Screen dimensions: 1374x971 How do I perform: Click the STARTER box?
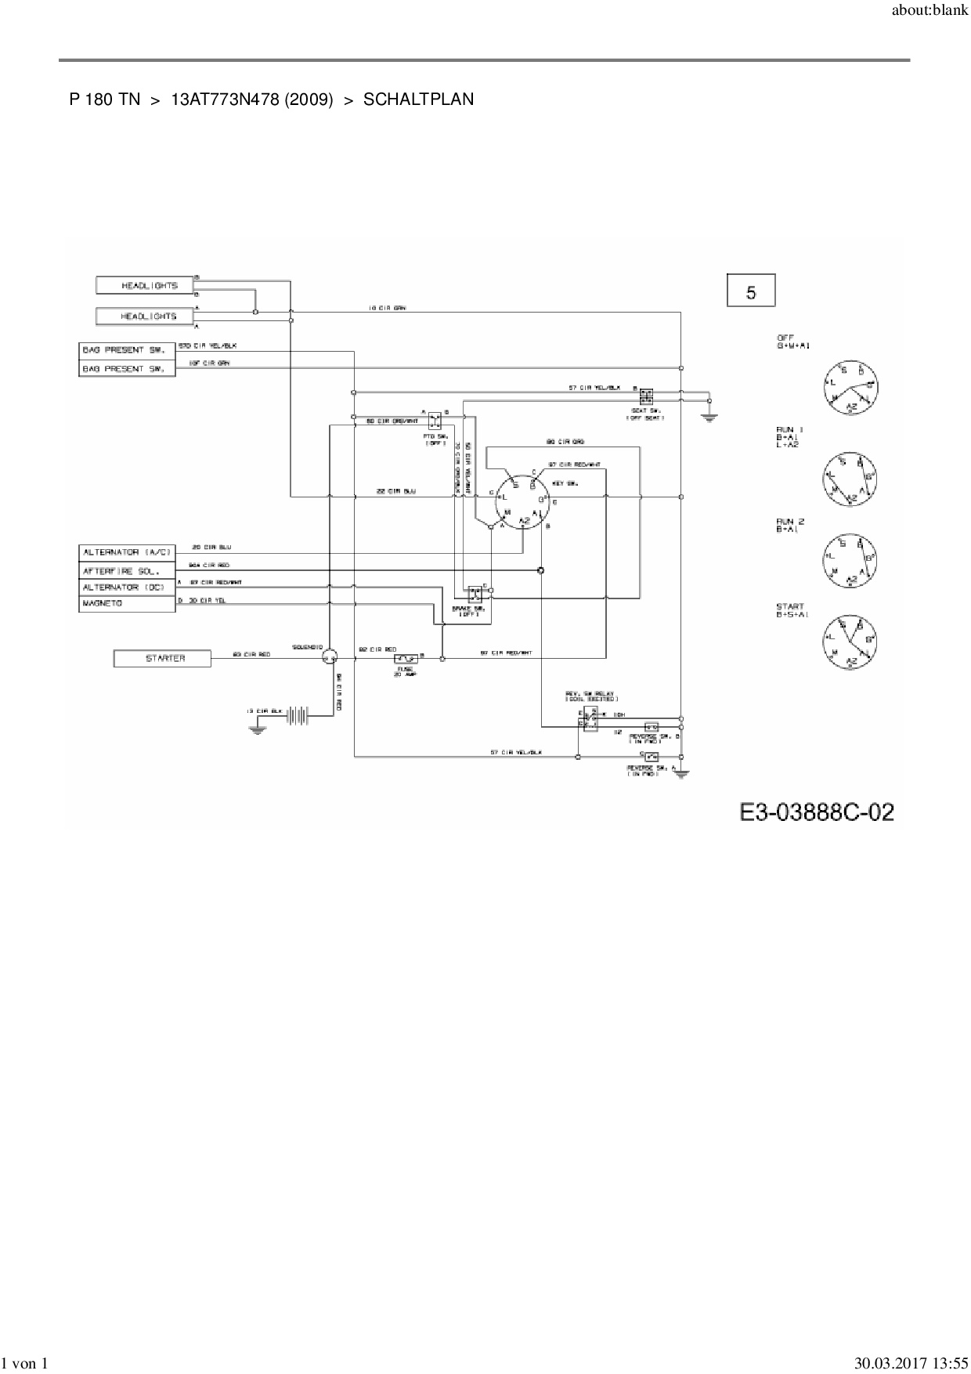pyautogui.click(x=162, y=659)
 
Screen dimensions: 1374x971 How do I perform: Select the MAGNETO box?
pyautogui.click(x=127, y=604)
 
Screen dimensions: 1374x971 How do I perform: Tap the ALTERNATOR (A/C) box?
pyautogui.click(x=127, y=552)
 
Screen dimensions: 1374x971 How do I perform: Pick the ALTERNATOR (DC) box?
pyautogui.click(x=127, y=587)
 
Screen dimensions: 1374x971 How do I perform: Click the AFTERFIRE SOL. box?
pyautogui.click(x=127, y=570)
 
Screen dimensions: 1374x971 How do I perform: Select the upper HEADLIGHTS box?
pyautogui.click(x=145, y=285)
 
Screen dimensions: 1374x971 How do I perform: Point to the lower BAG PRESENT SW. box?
pyautogui.click(x=127, y=368)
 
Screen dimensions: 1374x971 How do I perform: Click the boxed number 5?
pyautogui.click(x=751, y=291)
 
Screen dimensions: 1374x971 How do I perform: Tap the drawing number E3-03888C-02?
pyautogui.click(x=817, y=812)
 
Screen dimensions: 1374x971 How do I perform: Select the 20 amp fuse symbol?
pyautogui.click(x=406, y=660)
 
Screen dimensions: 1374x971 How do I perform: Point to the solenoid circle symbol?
pyautogui.click(x=330, y=658)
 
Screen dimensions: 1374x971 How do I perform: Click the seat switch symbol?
pyautogui.click(x=646, y=394)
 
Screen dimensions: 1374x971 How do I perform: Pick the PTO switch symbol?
pyautogui.click(x=435, y=420)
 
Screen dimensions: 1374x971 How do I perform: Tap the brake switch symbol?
pyautogui.click(x=475, y=593)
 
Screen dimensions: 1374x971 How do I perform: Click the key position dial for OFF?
pyautogui.click(x=850, y=388)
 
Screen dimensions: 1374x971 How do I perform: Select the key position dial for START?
pyautogui.click(x=850, y=641)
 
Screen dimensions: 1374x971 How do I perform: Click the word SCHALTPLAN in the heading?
pyautogui.click(x=418, y=99)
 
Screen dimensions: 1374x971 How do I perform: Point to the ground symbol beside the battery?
pyautogui.click(x=256, y=729)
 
